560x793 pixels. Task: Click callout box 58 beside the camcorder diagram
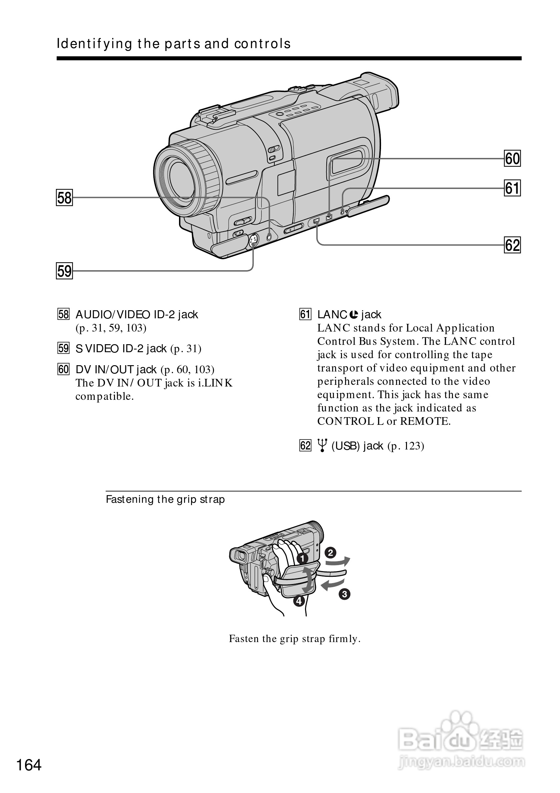(x=64, y=198)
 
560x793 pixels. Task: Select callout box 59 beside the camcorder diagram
(x=64, y=271)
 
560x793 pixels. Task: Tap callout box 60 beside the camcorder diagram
(x=512, y=159)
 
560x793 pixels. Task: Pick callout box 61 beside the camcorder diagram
(x=512, y=188)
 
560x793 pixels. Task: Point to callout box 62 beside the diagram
(x=512, y=245)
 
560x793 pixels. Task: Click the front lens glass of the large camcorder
(x=183, y=180)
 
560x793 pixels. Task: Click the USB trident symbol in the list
(x=322, y=445)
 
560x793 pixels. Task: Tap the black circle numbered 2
(x=330, y=553)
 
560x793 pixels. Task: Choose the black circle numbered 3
(x=344, y=594)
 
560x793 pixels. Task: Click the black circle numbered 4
(x=299, y=601)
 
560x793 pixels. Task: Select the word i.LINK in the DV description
(x=215, y=383)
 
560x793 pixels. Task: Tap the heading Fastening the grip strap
(x=165, y=499)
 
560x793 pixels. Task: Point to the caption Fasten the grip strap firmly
(x=295, y=639)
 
